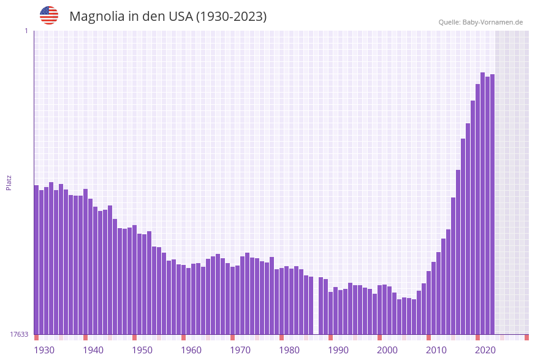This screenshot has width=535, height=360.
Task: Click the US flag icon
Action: tap(49, 15)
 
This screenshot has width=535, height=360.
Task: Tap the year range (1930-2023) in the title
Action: tap(231, 17)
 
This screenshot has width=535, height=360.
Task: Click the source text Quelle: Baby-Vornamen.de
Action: tap(480, 22)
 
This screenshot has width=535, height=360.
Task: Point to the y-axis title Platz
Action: tap(9, 183)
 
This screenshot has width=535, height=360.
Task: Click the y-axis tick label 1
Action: tap(26, 31)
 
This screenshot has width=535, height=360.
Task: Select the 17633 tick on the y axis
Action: tap(19, 334)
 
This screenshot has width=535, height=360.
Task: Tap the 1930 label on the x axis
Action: tap(44, 350)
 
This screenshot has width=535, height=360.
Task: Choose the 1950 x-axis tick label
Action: tap(142, 350)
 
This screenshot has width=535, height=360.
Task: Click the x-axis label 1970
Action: tap(240, 350)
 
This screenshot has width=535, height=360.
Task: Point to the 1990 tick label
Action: tap(338, 350)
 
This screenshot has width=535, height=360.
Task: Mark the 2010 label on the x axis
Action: tap(436, 350)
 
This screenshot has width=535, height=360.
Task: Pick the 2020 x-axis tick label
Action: tap(485, 350)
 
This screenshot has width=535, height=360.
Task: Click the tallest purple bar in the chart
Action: tap(483, 202)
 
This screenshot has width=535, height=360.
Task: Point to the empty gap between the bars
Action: tap(316, 307)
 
